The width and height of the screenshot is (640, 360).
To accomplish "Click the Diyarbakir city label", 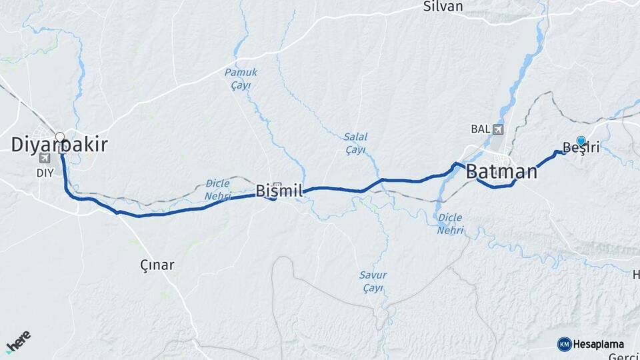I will click(59, 145).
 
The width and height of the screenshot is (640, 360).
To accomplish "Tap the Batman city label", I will click(501, 171).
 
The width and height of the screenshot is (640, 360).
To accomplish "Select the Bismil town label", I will click(279, 191).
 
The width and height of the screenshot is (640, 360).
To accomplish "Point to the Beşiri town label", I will click(581, 148).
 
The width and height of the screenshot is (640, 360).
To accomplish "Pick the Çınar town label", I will click(157, 265).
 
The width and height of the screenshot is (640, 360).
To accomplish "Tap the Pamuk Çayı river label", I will click(241, 78).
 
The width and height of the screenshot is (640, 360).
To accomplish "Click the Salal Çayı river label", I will click(356, 143).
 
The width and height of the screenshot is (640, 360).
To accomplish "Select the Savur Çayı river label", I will click(373, 281).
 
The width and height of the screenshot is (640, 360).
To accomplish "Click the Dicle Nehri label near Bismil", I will click(218, 189).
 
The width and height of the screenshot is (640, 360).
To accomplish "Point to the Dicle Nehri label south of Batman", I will click(451, 223).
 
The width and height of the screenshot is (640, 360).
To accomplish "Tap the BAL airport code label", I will click(480, 129).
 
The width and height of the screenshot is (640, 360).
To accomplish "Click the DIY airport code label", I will click(44, 171).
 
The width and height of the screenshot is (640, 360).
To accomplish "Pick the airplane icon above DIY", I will click(45, 159).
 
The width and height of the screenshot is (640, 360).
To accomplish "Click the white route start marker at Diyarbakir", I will click(60, 137).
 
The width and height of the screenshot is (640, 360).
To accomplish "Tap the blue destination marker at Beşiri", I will click(581, 141).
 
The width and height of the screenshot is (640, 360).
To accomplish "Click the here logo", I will click(18, 341).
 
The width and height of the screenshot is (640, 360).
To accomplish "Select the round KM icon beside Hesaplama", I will click(564, 344).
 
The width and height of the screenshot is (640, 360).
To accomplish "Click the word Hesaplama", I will click(598, 344).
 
